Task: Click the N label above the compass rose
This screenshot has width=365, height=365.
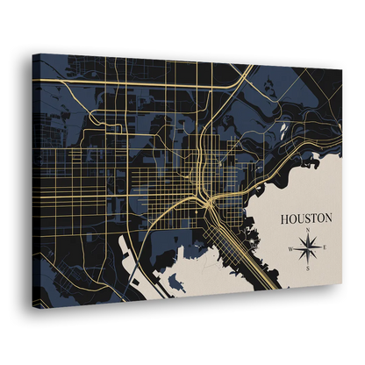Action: [310, 231]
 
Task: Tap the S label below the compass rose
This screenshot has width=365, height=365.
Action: [309, 268]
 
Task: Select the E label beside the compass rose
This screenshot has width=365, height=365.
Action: [326, 249]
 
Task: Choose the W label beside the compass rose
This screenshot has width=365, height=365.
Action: [291, 249]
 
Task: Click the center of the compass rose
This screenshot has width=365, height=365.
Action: [309, 249]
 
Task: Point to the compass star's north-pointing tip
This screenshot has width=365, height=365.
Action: [310, 236]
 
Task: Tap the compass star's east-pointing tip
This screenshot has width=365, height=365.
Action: [321, 249]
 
